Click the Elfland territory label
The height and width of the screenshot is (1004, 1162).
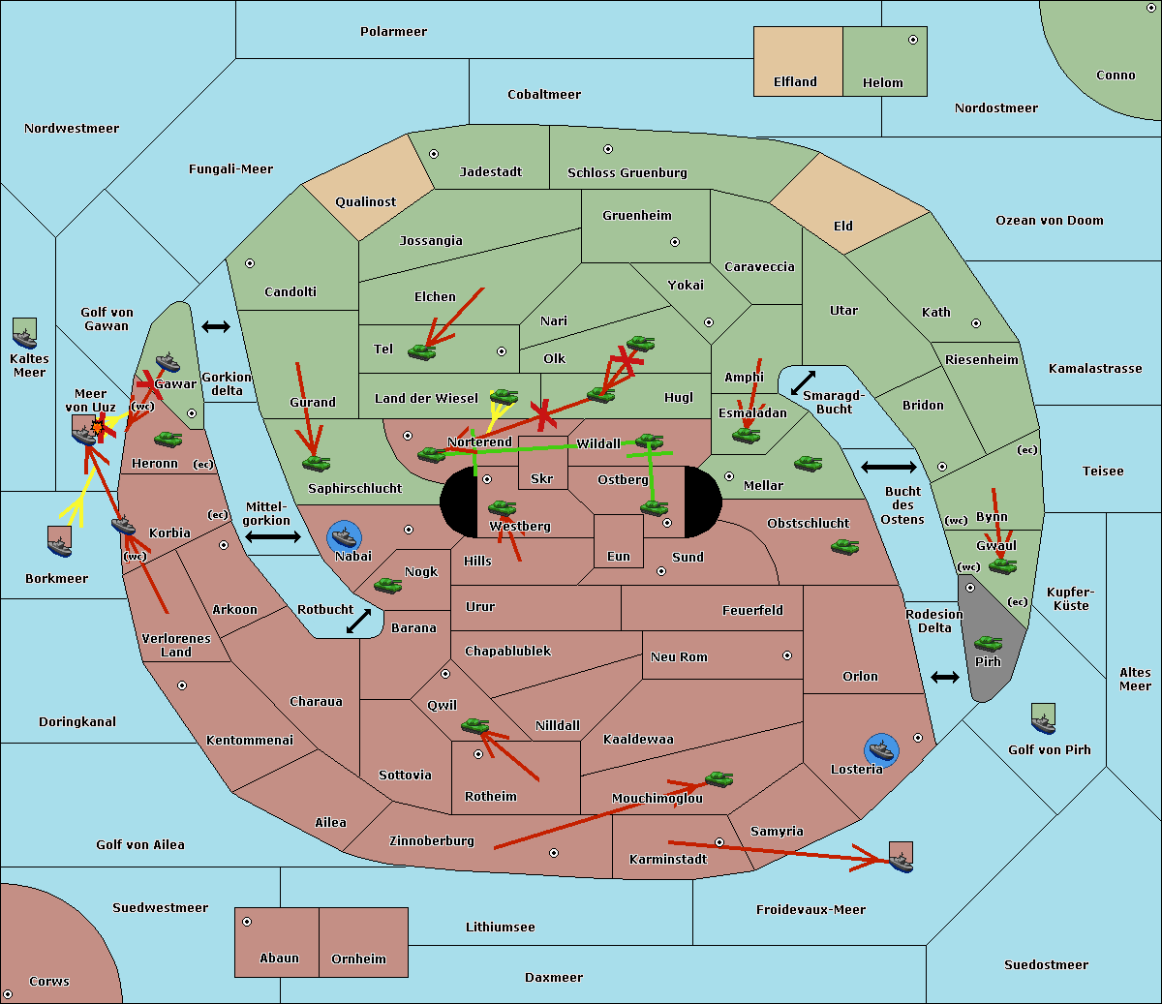click(x=795, y=82)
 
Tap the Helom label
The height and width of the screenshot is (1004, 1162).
click(x=882, y=83)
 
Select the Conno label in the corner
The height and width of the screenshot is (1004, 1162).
click(x=1116, y=76)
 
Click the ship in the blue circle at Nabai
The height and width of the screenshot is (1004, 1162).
click(x=345, y=536)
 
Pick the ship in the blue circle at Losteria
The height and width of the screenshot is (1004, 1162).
click(x=881, y=748)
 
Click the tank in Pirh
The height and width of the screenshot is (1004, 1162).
click(x=988, y=644)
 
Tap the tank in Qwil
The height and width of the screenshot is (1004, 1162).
click(x=474, y=725)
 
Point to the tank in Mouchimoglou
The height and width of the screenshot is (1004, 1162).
click(x=719, y=778)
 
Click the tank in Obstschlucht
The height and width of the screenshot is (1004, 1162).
click(x=844, y=546)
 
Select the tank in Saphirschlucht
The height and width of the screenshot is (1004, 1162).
click(x=316, y=464)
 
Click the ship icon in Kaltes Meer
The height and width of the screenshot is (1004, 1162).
click(x=24, y=334)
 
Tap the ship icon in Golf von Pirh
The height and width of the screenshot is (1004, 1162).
click(x=1043, y=719)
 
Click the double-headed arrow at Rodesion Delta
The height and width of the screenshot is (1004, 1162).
click(x=945, y=677)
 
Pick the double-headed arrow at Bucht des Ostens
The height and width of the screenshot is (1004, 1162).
click(x=888, y=468)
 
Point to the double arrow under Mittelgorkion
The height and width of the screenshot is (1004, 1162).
click(x=272, y=536)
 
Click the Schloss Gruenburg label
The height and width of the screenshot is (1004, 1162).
click(x=627, y=173)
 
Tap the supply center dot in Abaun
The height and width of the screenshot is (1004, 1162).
click(x=247, y=922)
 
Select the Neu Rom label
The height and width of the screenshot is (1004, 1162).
click(x=679, y=657)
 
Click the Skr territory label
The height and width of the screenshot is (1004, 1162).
click(x=541, y=479)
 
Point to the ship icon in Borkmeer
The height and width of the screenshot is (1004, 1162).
click(x=60, y=542)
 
